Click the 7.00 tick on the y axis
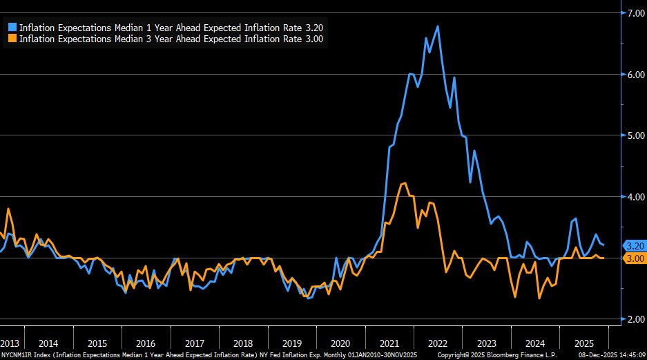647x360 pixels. click(634, 13)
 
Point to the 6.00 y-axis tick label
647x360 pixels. click(634, 75)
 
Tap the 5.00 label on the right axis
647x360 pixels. click(634, 135)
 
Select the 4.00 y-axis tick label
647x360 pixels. click(634, 197)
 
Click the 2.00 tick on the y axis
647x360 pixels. click(634, 319)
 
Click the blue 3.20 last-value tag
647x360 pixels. click(634, 245)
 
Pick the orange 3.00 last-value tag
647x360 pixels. click(634, 258)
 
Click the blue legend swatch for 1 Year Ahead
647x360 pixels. click(12, 28)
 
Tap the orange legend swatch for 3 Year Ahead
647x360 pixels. click(12, 39)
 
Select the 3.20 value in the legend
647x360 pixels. click(314, 28)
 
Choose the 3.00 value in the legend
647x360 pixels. click(314, 39)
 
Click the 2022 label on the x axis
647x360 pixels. click(438, 343)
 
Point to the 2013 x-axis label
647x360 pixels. click(10, 343)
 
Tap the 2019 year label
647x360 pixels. click(292, 343)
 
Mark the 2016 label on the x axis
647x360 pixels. click(146, 343)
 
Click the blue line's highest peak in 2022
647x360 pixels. click(438, 26)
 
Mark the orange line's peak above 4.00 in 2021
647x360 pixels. click(404, 183)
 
